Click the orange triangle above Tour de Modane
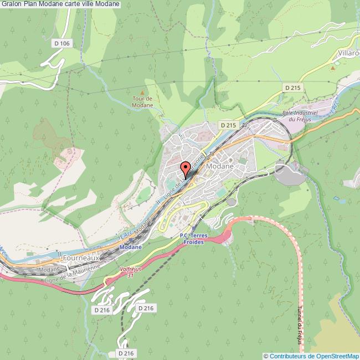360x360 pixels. [142, 92]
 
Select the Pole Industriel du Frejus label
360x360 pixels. [299, 115]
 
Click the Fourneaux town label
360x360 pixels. [81, 258]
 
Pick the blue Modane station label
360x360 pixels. [131, 247]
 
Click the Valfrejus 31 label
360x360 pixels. [131, 272]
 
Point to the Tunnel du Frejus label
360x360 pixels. [300, 327]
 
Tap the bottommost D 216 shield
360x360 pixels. [126, 352]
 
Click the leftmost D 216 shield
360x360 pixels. [102, 310]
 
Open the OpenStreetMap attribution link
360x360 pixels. [311, 356]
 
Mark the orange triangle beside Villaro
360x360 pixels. [333, 68]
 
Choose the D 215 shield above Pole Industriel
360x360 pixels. [292, 88]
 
